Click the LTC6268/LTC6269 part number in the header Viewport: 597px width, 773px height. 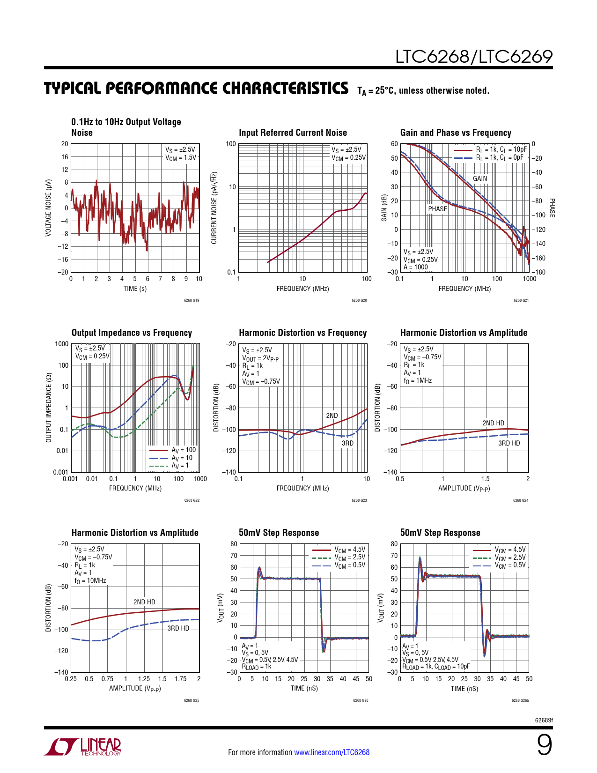474,57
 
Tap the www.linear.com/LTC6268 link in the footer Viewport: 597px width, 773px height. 332,752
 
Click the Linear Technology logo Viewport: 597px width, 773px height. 83,747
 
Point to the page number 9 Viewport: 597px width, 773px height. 544,745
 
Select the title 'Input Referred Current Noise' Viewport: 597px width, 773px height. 293,133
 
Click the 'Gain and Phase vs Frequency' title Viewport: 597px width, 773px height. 456,133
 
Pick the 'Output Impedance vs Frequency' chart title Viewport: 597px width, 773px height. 132,333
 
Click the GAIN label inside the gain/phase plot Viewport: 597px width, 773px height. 480,178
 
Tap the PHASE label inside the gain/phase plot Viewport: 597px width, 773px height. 437,209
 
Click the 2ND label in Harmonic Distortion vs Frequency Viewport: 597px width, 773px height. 332,416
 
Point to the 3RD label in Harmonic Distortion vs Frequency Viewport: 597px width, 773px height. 347,443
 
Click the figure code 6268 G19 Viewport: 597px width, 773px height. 192,300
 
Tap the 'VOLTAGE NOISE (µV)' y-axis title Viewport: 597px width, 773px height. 48,208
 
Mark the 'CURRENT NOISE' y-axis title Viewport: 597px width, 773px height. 214,208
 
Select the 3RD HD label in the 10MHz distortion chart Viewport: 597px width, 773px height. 178,628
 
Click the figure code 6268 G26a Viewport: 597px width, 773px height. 520,700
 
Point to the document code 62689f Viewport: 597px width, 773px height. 544,720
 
